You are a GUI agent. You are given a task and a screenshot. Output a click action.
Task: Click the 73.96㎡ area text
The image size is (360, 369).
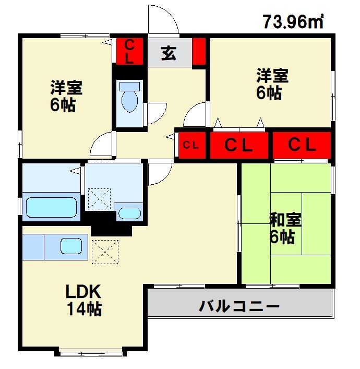(x=293, y=21)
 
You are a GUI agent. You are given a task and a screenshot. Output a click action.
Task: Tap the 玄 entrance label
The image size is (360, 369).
(x=168, y=53)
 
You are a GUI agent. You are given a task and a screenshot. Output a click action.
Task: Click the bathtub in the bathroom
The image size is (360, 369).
(x=52, y=207)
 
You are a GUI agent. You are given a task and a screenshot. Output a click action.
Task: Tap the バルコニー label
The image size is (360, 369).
(x=239, y=305)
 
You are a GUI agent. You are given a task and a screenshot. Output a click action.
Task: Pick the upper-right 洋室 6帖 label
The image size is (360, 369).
(x=272, y=84)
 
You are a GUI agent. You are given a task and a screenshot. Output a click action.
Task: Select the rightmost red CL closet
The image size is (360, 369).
(x=302, y=145)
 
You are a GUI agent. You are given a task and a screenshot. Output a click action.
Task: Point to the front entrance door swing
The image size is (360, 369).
(x=163, y=20)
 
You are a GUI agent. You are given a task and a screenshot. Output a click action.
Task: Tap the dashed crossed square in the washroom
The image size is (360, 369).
(x=100, y=199)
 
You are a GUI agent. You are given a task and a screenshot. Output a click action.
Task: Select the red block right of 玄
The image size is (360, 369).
(x=199, y=51)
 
